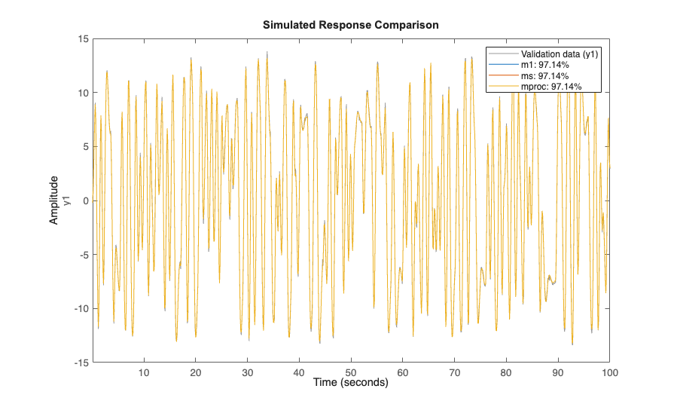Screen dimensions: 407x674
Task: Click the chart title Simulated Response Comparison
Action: pyautogui.click(x=350, y=25)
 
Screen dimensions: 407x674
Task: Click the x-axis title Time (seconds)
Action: pyautogui.click(x=350, y=383)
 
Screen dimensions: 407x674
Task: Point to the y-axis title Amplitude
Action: pyautogui.click(x=54, y=200)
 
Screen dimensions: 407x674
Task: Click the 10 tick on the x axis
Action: pyautogui.click(x=143, y=372)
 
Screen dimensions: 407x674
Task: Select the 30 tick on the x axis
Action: pyautogui.click(x=247, y=372)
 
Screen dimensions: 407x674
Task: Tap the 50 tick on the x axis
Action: pyautogui.click(x=351, y=372)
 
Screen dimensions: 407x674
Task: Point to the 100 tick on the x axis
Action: pyautogui.click(x=608, y=372)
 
